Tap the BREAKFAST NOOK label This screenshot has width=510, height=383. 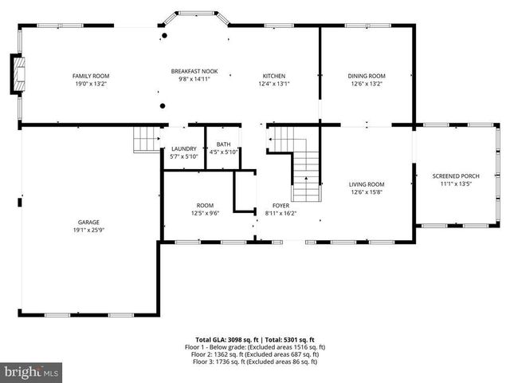194,71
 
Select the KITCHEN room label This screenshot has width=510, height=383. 274,76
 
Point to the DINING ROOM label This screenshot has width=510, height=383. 366,76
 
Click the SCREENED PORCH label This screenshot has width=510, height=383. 456,176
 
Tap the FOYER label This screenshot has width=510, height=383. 280,205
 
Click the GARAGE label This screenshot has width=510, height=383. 88,222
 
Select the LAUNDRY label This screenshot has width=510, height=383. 183,148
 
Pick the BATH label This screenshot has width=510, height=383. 223,144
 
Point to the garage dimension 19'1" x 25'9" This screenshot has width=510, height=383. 88,230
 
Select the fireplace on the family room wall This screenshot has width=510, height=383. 16,74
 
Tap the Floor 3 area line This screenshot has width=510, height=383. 255,361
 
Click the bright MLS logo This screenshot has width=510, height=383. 32,372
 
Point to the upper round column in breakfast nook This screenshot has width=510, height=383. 164,36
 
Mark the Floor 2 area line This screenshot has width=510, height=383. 255,354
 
